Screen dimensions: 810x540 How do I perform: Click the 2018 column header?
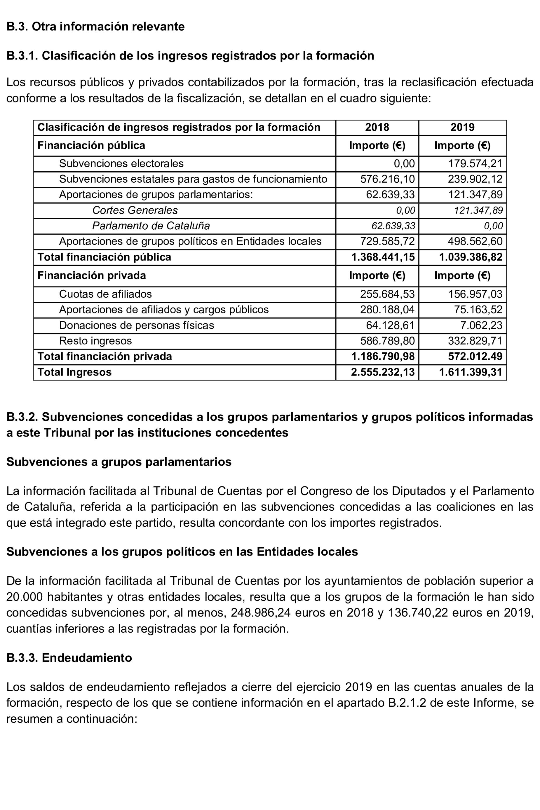point(377,128)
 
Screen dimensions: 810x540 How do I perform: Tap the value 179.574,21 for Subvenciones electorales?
point(475,163)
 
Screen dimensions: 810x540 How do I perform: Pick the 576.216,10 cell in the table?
point(387,179)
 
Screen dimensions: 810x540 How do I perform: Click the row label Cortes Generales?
point(135,210)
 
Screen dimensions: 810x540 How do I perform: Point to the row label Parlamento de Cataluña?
point(151,226)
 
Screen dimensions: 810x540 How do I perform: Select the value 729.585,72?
point(387,241)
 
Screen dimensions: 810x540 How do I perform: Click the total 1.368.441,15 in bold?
point(383,257)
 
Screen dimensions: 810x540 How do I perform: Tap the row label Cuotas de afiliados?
point(105,294)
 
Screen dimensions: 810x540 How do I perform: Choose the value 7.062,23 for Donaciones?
point(481,325)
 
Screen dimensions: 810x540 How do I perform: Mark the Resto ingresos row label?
point(95,341)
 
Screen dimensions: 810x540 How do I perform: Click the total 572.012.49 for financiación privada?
point(475,356)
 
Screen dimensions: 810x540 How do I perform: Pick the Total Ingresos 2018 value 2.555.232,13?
point(383,372)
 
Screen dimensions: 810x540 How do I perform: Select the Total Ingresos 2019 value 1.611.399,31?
point(471,372)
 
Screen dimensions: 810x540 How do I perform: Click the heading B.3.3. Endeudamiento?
point(69,658)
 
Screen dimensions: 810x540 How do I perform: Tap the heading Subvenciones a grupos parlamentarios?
point(119,462)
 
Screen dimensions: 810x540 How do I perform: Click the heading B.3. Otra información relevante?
point(95,27)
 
